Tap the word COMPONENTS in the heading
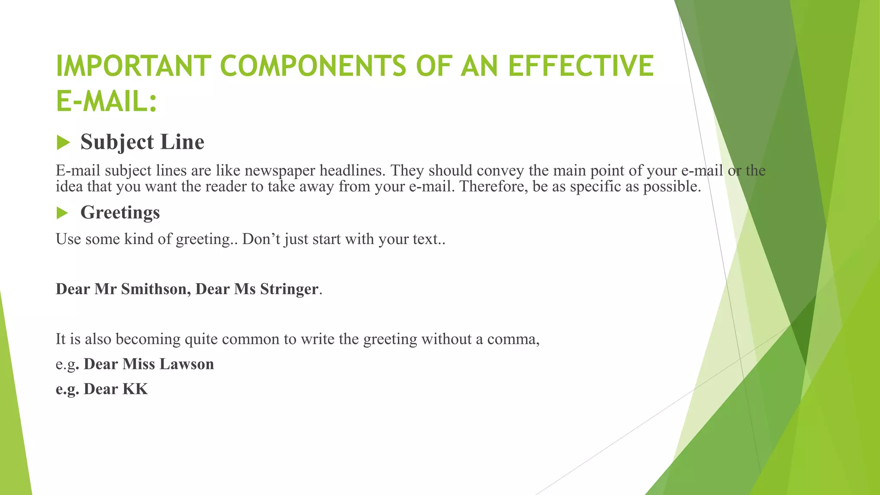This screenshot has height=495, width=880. click(313, 66)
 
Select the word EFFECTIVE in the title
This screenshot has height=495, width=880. click(581, 66)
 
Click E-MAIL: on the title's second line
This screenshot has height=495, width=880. click(107, 102)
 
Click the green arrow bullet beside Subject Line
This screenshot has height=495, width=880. click(63, 143)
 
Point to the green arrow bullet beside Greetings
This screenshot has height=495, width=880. click(62, 213)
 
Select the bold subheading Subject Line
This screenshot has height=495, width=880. click(142, 142)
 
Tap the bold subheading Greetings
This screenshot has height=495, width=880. click(120, 212)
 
